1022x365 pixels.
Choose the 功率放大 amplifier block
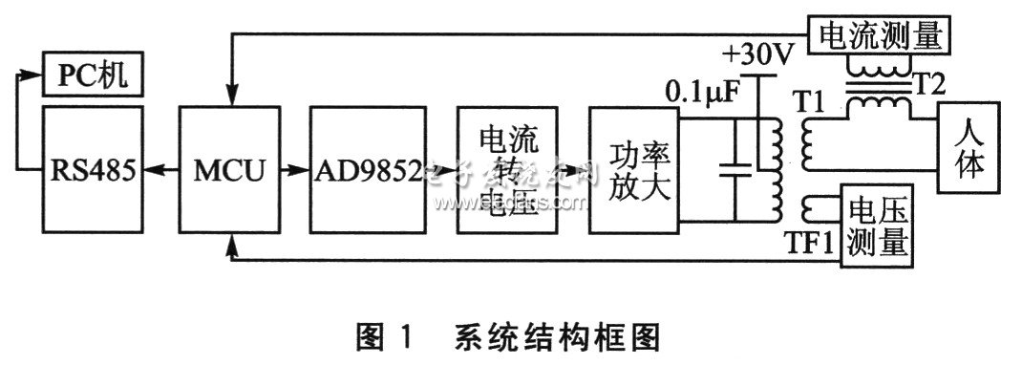pos(634,171)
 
